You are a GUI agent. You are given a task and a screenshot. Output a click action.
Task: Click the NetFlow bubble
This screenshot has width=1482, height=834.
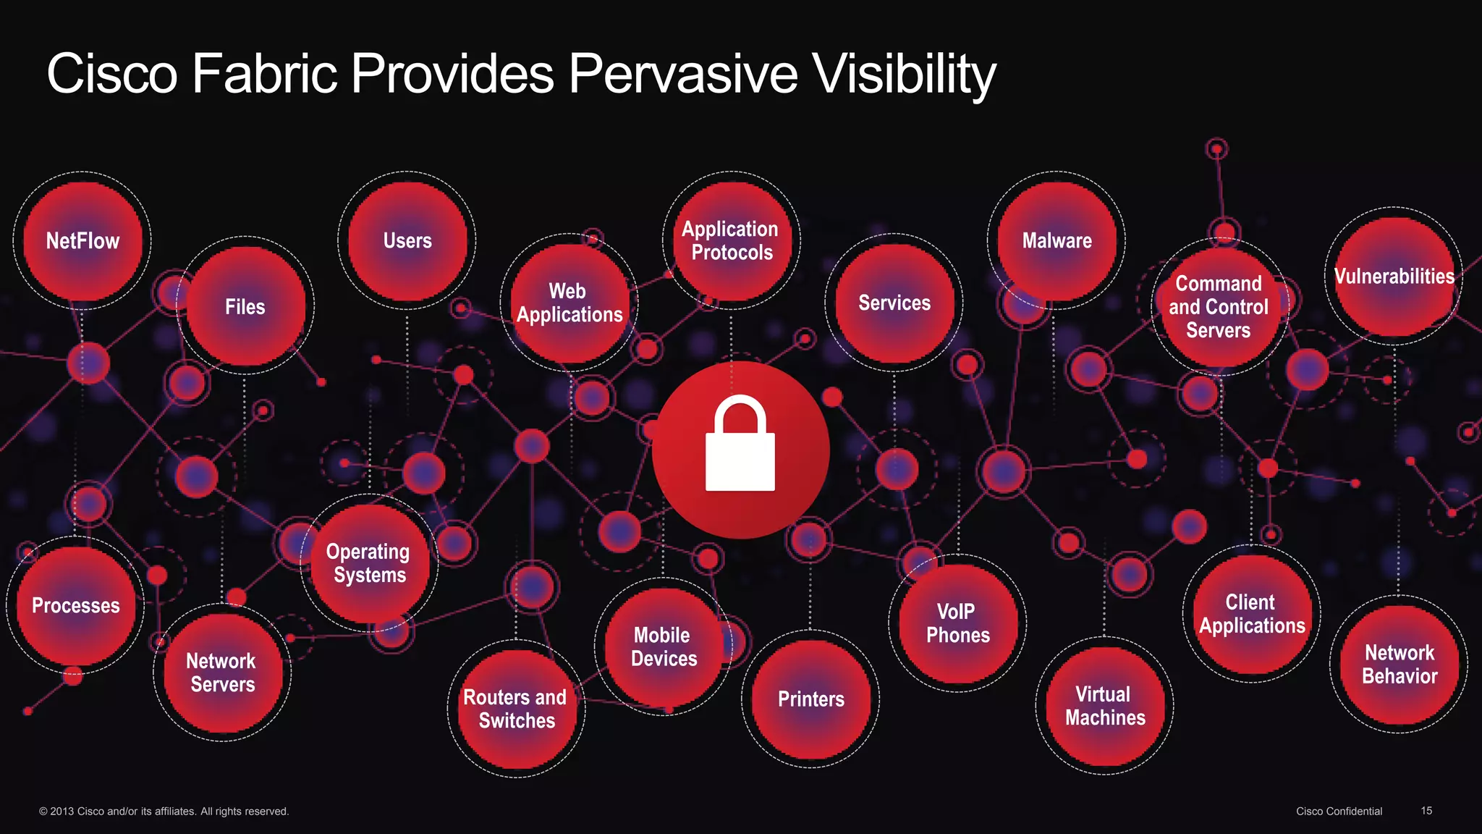pyautogui.click(x=82, y=240)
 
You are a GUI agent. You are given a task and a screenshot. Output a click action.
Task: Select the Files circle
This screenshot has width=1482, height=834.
pyautogui.click(x=245, y=306)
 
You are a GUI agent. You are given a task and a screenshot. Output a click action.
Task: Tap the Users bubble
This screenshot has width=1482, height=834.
pyautogui.click(x=407, y=240)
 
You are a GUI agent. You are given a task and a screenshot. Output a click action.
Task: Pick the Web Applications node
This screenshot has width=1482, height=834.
pyautogui.click(x=569, y=303)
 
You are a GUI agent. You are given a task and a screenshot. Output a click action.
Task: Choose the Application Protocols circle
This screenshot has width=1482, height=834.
pyautogui.click(x=731, y=240)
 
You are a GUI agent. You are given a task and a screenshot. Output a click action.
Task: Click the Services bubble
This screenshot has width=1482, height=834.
pyautogui.click(x=894, y=303)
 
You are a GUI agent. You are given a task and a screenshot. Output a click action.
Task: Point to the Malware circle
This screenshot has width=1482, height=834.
pyautogui.click(x=1057, y=240)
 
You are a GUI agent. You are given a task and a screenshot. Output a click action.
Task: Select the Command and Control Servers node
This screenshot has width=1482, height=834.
pyautogui.click(x=1219, y=307)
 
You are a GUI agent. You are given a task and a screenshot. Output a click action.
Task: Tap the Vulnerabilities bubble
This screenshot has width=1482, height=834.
pyautogui.click(x=1394, y=276)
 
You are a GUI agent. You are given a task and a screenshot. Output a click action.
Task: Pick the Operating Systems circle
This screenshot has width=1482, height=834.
pyautogui.click(x=368, y=563)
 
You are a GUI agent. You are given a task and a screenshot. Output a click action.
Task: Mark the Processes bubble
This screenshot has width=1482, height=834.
pyautogui.click(x=76, y=605)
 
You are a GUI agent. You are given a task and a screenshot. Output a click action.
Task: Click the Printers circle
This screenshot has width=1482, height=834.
pyautogui.click(x=810, y=699)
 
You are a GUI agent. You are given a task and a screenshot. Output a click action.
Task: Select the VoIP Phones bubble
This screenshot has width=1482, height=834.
pyautogui.click(x=957, y=623)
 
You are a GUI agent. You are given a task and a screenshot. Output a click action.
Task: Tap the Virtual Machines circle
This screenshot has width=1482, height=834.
pyautogui.click(x=1105, y=706)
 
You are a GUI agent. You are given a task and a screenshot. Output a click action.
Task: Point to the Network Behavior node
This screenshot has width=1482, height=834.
pyautogui.click(x=1400, y=665)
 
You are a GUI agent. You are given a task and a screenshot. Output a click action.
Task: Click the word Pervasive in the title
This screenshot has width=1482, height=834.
pyautogui.click(x=682, y=74)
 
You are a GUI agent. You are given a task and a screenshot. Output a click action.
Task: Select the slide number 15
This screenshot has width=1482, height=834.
pyautogui.click(x=1426, y=811)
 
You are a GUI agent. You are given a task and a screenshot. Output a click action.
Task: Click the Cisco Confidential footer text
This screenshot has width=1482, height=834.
pyautogui.click(x=1339, y=812)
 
